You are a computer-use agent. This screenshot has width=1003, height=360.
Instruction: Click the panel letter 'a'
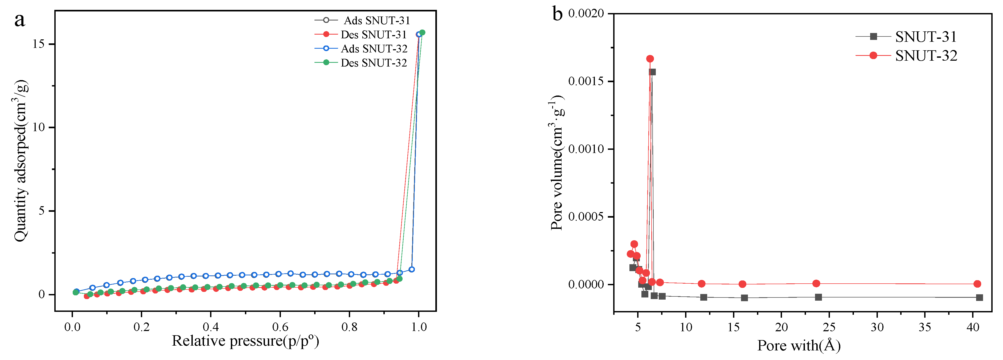(x=19, y=19)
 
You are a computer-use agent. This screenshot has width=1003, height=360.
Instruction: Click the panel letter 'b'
(x=558, y=14)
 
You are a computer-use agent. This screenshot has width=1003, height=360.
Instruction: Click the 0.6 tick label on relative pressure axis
(x=280, y=327)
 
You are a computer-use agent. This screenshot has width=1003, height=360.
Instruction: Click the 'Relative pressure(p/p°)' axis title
(x=245, y=341)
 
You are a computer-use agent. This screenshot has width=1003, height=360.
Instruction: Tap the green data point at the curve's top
(x=422, y=33)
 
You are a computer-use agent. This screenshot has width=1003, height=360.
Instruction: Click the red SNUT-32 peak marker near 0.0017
(x=650, y=59)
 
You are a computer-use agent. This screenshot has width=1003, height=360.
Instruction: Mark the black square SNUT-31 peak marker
(x=653, y=72)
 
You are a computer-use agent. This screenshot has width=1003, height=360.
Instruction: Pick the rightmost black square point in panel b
(x=979, y=297)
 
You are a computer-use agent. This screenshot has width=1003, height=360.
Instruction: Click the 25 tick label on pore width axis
(x=829, y=327)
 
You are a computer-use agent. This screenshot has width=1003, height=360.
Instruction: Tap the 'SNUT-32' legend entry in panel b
(x=926, y=56)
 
